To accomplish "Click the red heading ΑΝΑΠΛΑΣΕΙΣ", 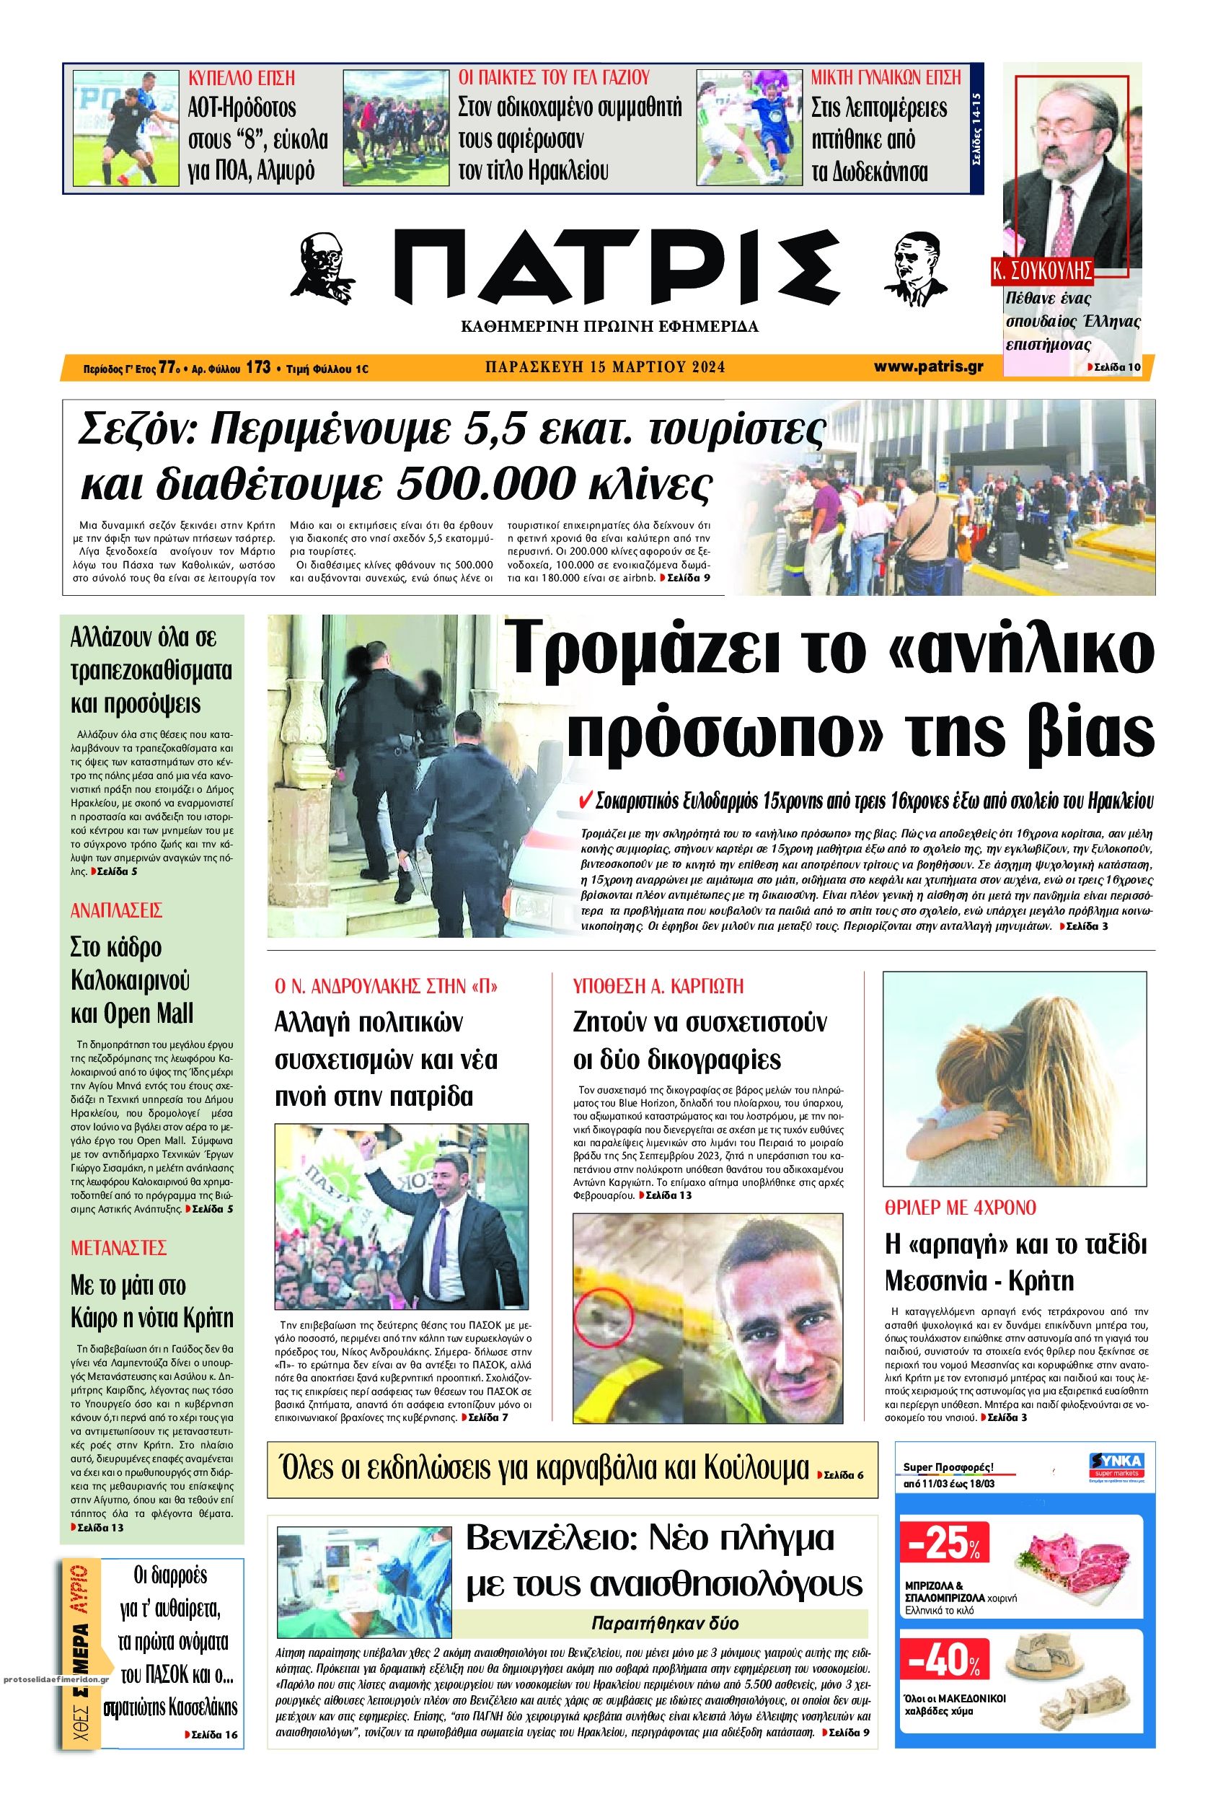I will [x=115, y=910].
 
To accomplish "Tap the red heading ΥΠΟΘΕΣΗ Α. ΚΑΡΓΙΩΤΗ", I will [x=658, y=987].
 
